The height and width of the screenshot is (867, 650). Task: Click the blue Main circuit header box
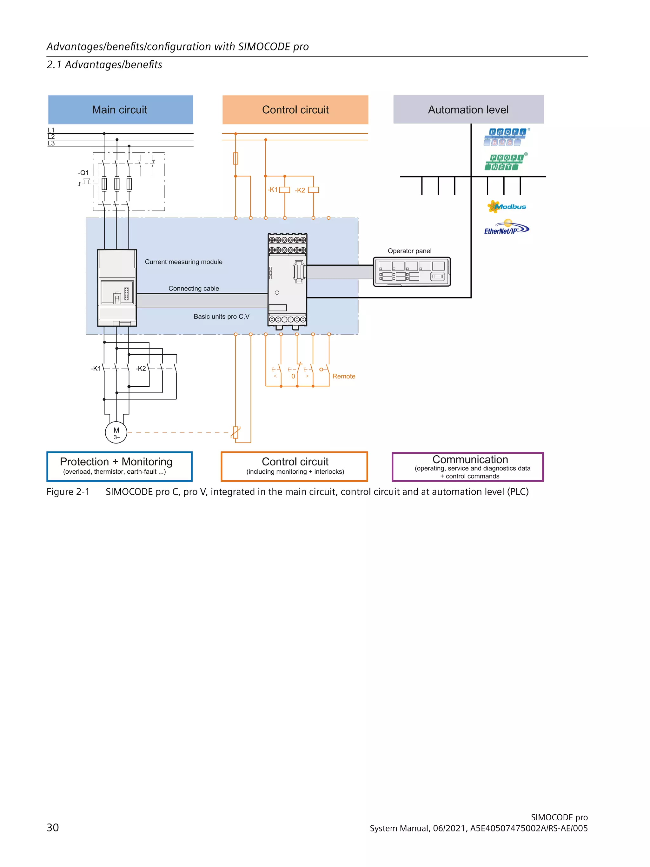120,110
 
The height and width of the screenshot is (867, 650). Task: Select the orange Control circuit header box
295,110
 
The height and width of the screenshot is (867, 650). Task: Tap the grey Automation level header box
468,110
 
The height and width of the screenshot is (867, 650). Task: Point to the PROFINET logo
505,162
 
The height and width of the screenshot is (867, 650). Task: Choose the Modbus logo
507,207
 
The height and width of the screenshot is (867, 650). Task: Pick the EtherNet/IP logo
506,229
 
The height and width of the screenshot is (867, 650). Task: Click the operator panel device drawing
411,272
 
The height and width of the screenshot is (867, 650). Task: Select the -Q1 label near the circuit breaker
83,173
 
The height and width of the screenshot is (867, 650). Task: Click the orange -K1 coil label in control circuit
272,190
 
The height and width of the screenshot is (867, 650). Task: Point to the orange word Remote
344,376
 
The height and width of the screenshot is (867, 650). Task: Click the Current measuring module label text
183,262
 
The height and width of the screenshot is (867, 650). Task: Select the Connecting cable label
194,289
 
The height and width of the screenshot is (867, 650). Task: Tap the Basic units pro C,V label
221,317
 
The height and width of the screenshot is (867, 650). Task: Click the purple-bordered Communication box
468,467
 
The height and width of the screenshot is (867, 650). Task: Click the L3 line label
51,143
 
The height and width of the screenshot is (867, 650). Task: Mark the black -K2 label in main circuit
141,369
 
